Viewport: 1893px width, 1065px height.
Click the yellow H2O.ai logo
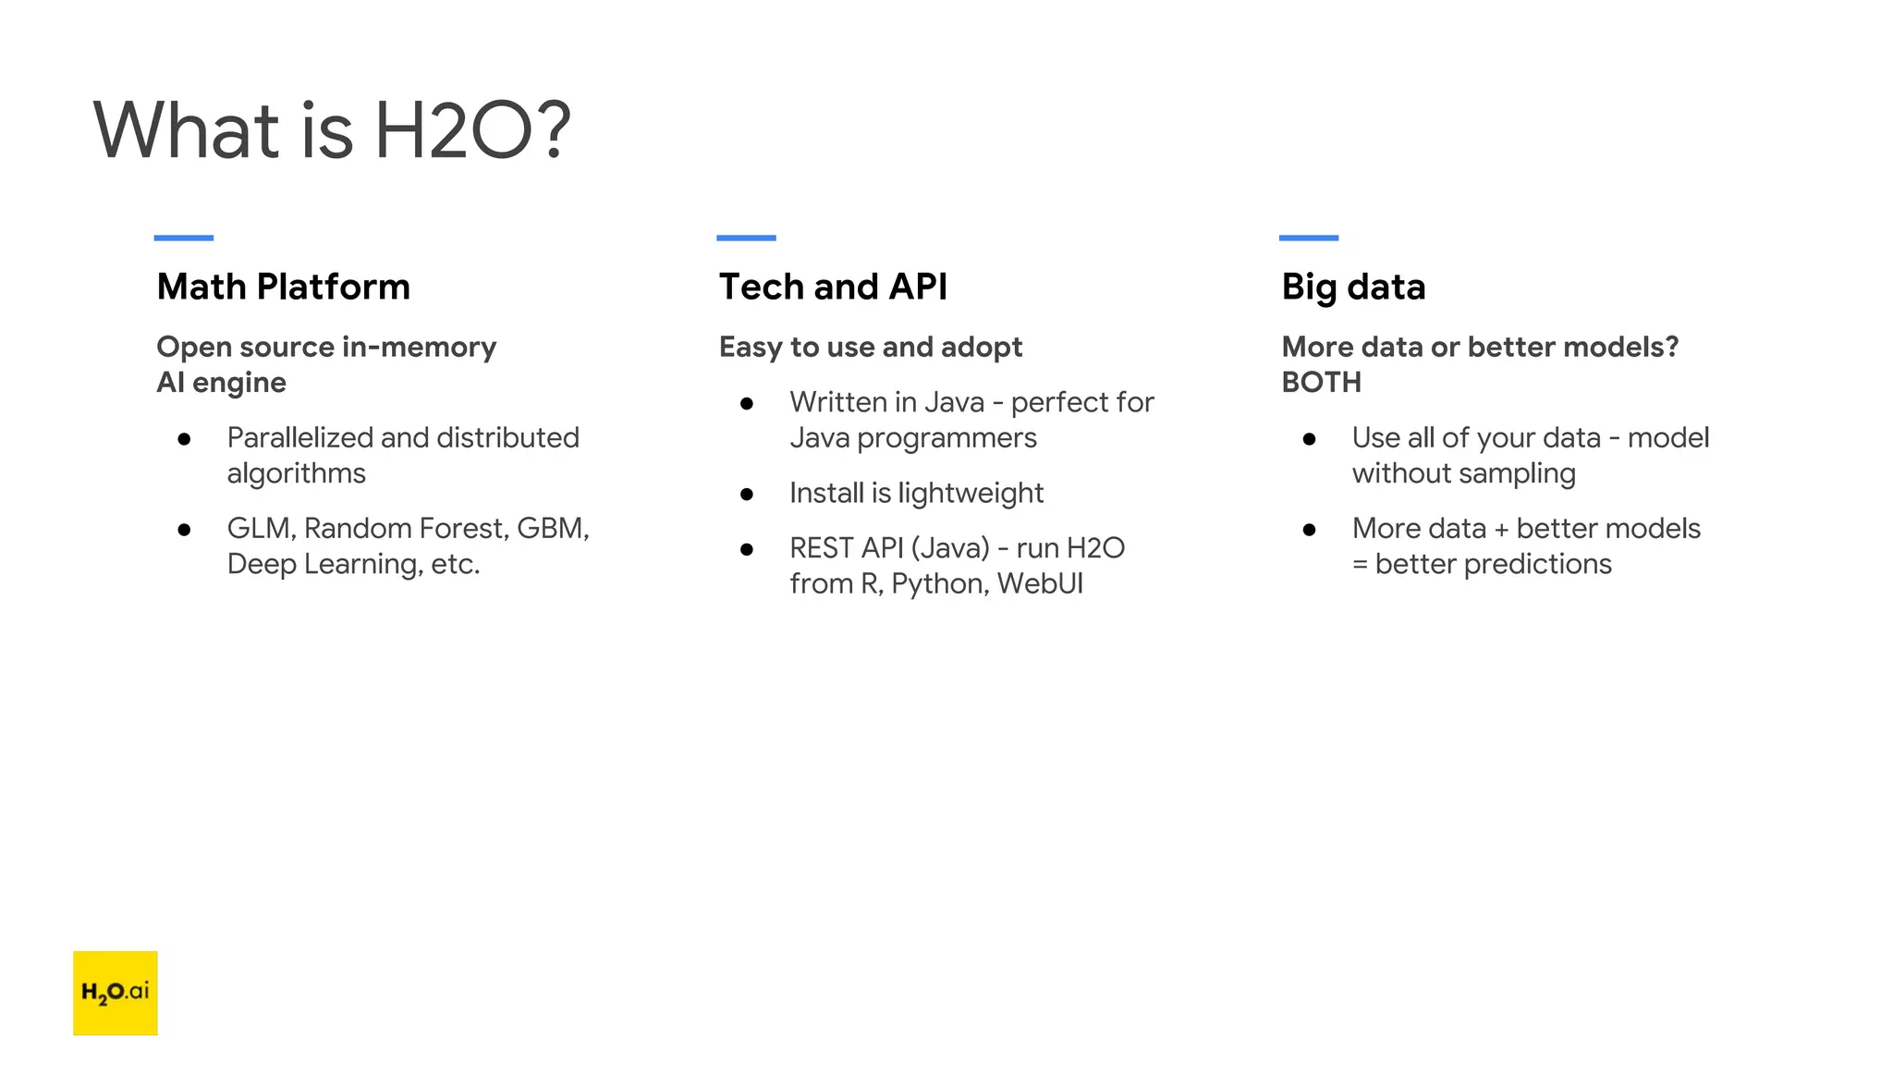click(x=115, y=992)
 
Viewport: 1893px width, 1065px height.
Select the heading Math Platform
click(x=283, y=287)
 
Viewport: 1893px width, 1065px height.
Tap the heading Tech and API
click(x=833, y=287)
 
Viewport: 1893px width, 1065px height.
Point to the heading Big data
click(x=1353, y=287)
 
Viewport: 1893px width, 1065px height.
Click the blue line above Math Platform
click(x=183, y=238)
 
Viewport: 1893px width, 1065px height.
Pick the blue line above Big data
click(x=1308, y=238)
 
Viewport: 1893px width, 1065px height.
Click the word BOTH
click(x=1321, y=382)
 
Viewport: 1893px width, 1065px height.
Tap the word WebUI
click(x=1040, y=584)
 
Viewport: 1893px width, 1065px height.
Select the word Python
click(x=939, y=584)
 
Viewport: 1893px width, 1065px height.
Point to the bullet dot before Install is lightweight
click(x=747, y=495)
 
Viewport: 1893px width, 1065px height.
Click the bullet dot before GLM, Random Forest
click(x=184, y=530)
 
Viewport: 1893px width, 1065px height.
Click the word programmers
click(x=946, y=438)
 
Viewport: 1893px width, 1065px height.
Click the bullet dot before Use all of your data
click(x=1309, y=439)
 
